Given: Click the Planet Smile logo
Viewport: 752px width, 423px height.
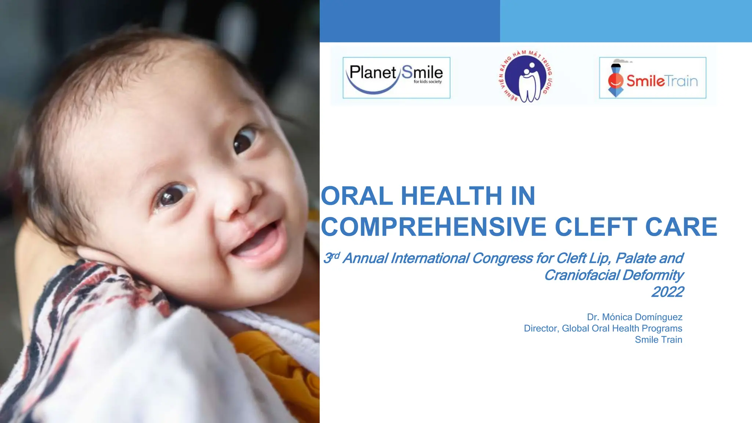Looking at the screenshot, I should pyautogui.click(x=396, y=77).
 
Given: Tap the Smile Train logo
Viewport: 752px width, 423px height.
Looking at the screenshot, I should pyautogui.click(x=652, y=78).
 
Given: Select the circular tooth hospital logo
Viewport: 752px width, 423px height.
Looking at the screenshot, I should pyautogui.click(x=526, y=76).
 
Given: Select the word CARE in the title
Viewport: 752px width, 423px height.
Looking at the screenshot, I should pyautogui.click(x=681, y=227).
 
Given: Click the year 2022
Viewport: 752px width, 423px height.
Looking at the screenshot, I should pyautogui.click(x=668, y=292).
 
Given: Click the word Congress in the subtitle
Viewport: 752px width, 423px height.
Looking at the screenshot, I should pyautogui.click(x=502, y=258).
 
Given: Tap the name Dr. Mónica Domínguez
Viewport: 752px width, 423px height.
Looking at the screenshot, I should pyautogui.click(x=634, y=317).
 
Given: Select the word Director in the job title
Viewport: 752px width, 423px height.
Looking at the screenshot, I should pyautogui.click(x=540, y=328).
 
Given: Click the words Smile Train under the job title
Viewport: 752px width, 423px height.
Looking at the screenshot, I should pyautogui.click(x=658, y=340).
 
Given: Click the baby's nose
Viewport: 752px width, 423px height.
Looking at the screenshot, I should pyautogui.click(x=239, y=200).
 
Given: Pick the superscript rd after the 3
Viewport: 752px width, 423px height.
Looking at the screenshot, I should pyautogui.click(x=336, y=255).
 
